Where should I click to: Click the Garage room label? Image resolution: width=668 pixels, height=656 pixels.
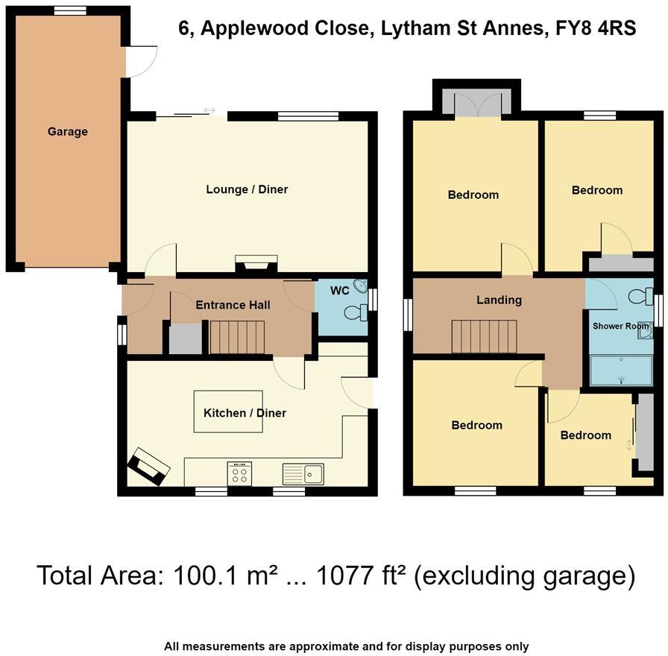click(x=67, y=132)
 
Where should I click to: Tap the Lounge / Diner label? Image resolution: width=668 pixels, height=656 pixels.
click(x=247, y=189)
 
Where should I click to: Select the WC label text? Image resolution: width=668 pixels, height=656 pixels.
click(x=339, y=291)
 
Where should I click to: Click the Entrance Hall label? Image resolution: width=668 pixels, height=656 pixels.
click(x=233, y=305)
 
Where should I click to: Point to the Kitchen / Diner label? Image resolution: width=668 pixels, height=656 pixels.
click(x=245, y=413)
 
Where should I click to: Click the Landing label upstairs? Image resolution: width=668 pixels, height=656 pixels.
click(x=499, y=300)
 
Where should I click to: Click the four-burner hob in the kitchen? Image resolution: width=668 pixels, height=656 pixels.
click(x=239, y=473)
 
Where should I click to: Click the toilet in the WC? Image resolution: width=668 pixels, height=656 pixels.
click(x=359, y=312)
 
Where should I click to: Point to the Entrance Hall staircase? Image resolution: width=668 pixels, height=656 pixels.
click(x=237, y=337)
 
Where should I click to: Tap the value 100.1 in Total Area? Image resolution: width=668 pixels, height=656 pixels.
click(x=201, y=575)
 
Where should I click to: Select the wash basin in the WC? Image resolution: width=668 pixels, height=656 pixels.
click(x=360, y=286)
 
